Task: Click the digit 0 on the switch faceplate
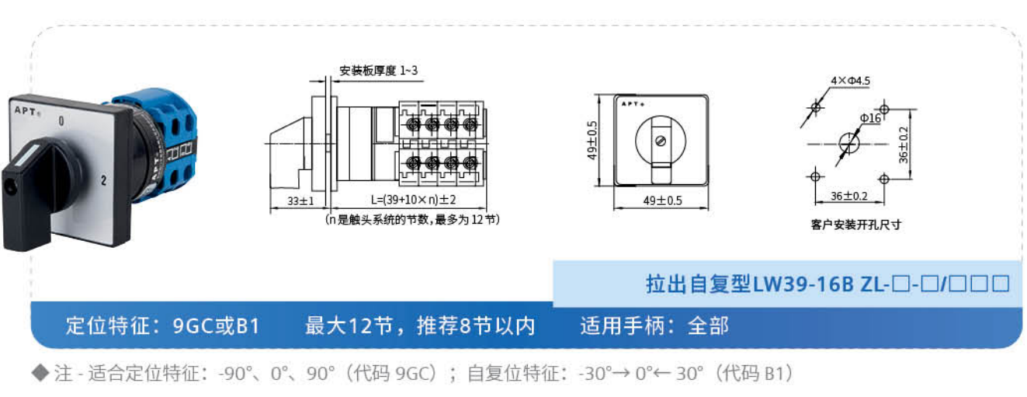(61, 121)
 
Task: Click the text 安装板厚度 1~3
(380, 71)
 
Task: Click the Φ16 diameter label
(869, 118)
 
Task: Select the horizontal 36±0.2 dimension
(849, 195)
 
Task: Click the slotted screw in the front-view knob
(661, 141)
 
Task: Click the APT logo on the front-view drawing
(633, 102)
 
